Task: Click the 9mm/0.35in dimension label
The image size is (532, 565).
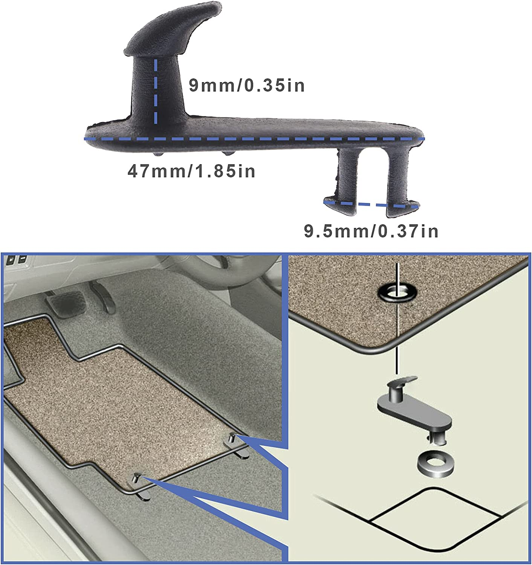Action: [x=246, y=86]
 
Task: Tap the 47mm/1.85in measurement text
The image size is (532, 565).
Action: [x=191, y=171]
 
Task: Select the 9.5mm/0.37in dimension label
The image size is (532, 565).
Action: [x=371, y=231]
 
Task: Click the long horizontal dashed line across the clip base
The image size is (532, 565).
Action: [x=254, y=139]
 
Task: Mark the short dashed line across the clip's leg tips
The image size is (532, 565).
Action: [x=371, y=205]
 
